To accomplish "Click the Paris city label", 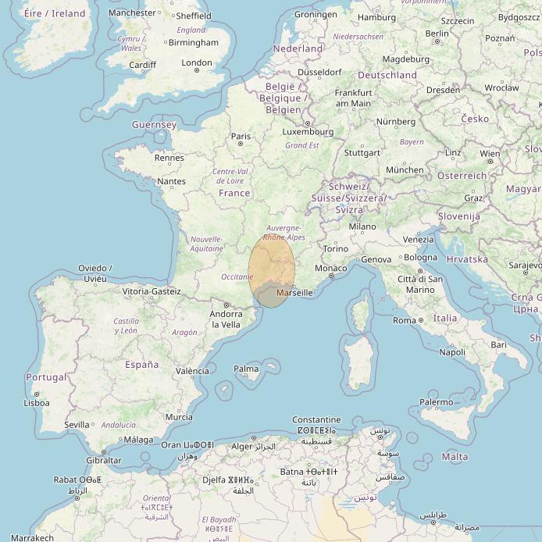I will (241, 136).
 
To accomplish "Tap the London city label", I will (196, 63).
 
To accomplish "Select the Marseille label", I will (294, 293).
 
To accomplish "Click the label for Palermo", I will (436, 402).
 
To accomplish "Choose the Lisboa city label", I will (37, 403).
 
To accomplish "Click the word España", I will (142, 364).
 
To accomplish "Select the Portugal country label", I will (46, 377).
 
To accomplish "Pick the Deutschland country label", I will (387, 75).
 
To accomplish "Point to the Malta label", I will (455, 456).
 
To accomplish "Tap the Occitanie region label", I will (237, 277).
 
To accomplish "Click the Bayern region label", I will (412, 142).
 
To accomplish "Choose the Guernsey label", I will (154, 125).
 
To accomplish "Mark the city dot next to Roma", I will (421, 320).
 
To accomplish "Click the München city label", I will (405, 169).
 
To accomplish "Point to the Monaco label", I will (337, 269).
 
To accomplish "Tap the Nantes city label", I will (171, 181).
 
